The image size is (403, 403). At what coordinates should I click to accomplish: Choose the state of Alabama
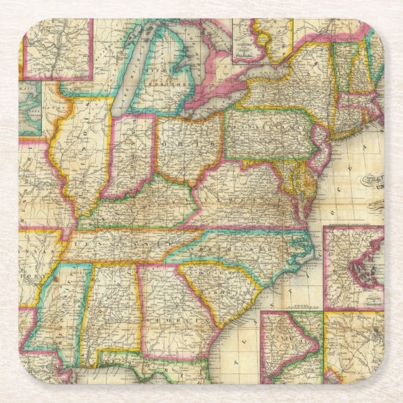coord(113,307)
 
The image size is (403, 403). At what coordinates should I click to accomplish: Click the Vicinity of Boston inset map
coord(354,260)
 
